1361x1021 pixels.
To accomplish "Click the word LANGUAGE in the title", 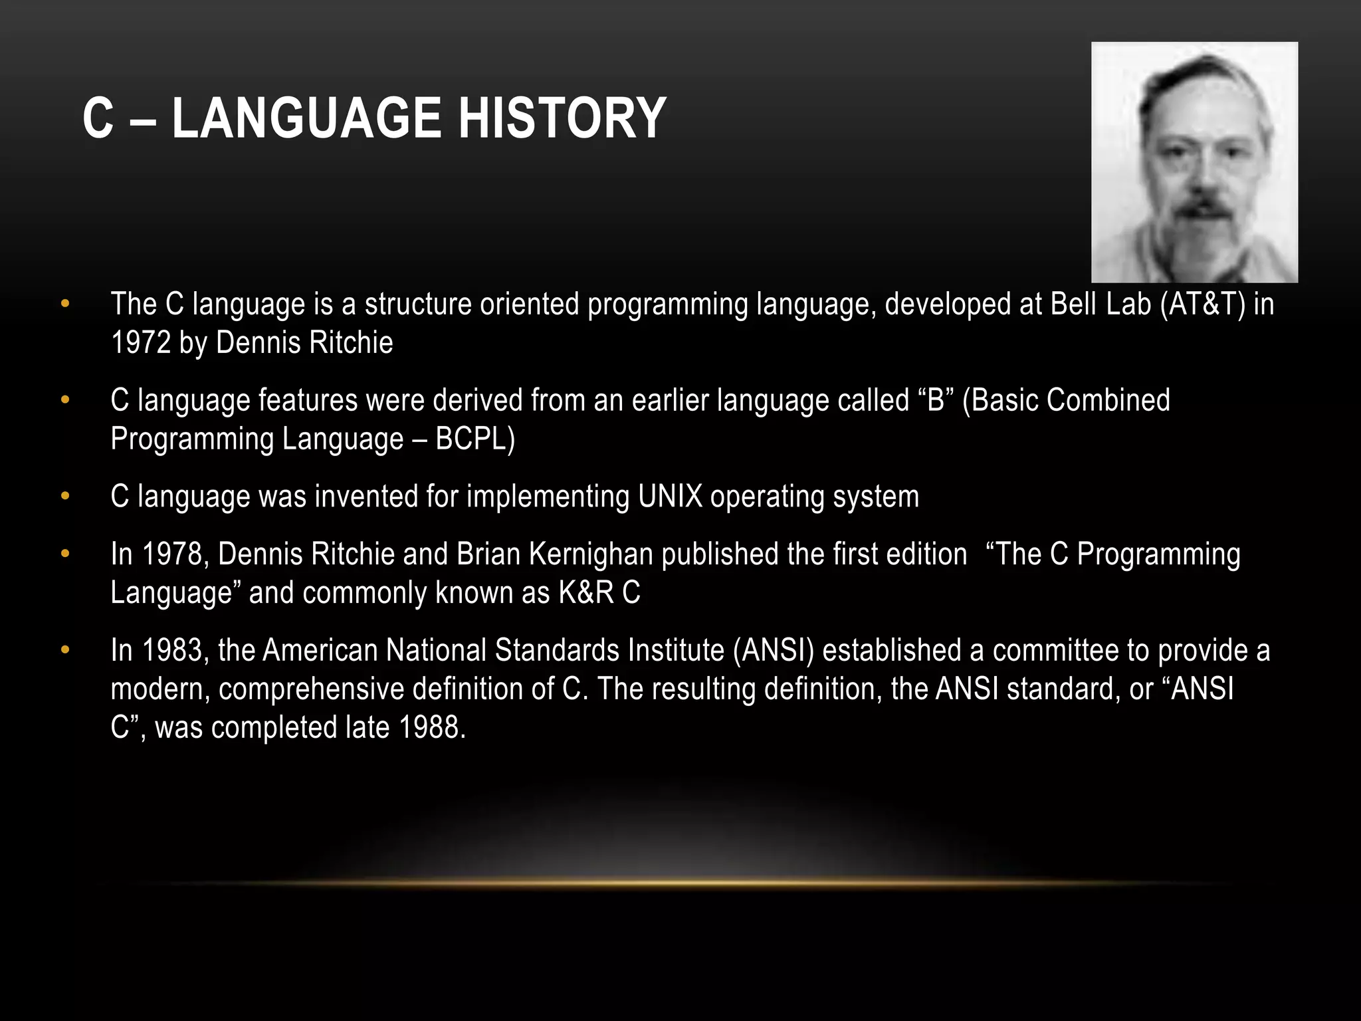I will (305, 118).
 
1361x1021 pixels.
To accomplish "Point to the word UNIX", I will (670, 497).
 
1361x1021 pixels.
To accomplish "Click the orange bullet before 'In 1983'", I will (64, 650).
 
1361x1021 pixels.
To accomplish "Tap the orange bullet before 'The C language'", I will (64, 304).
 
